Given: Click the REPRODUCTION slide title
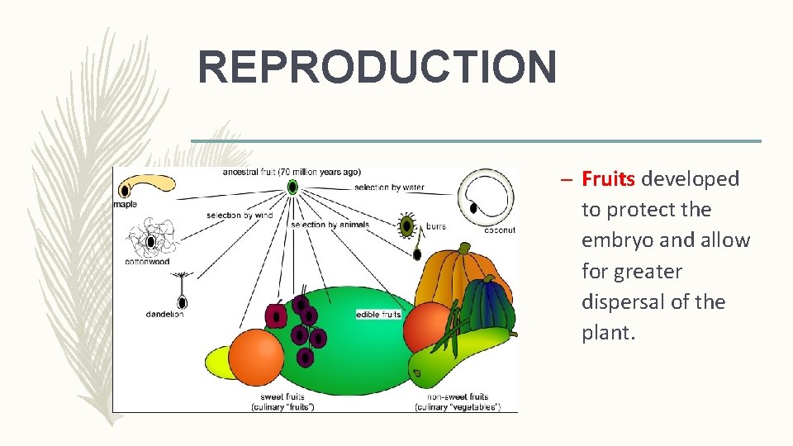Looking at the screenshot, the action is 377,68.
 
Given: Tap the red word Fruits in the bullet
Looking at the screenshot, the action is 609,178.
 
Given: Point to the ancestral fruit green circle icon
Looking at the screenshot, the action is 292,187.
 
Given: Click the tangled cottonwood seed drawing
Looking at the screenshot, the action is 150,240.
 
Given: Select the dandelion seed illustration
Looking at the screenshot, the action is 180,291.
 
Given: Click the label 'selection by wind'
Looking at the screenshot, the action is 240,216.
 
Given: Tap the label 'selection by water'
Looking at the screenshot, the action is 389,187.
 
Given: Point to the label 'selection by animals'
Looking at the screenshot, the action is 330,225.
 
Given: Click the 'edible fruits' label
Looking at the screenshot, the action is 378,315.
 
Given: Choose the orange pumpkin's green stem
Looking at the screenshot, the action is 466,249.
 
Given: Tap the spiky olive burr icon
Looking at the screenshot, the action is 406,225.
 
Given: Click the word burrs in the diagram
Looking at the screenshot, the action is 436,225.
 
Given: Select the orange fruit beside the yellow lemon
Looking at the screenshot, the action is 256,356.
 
